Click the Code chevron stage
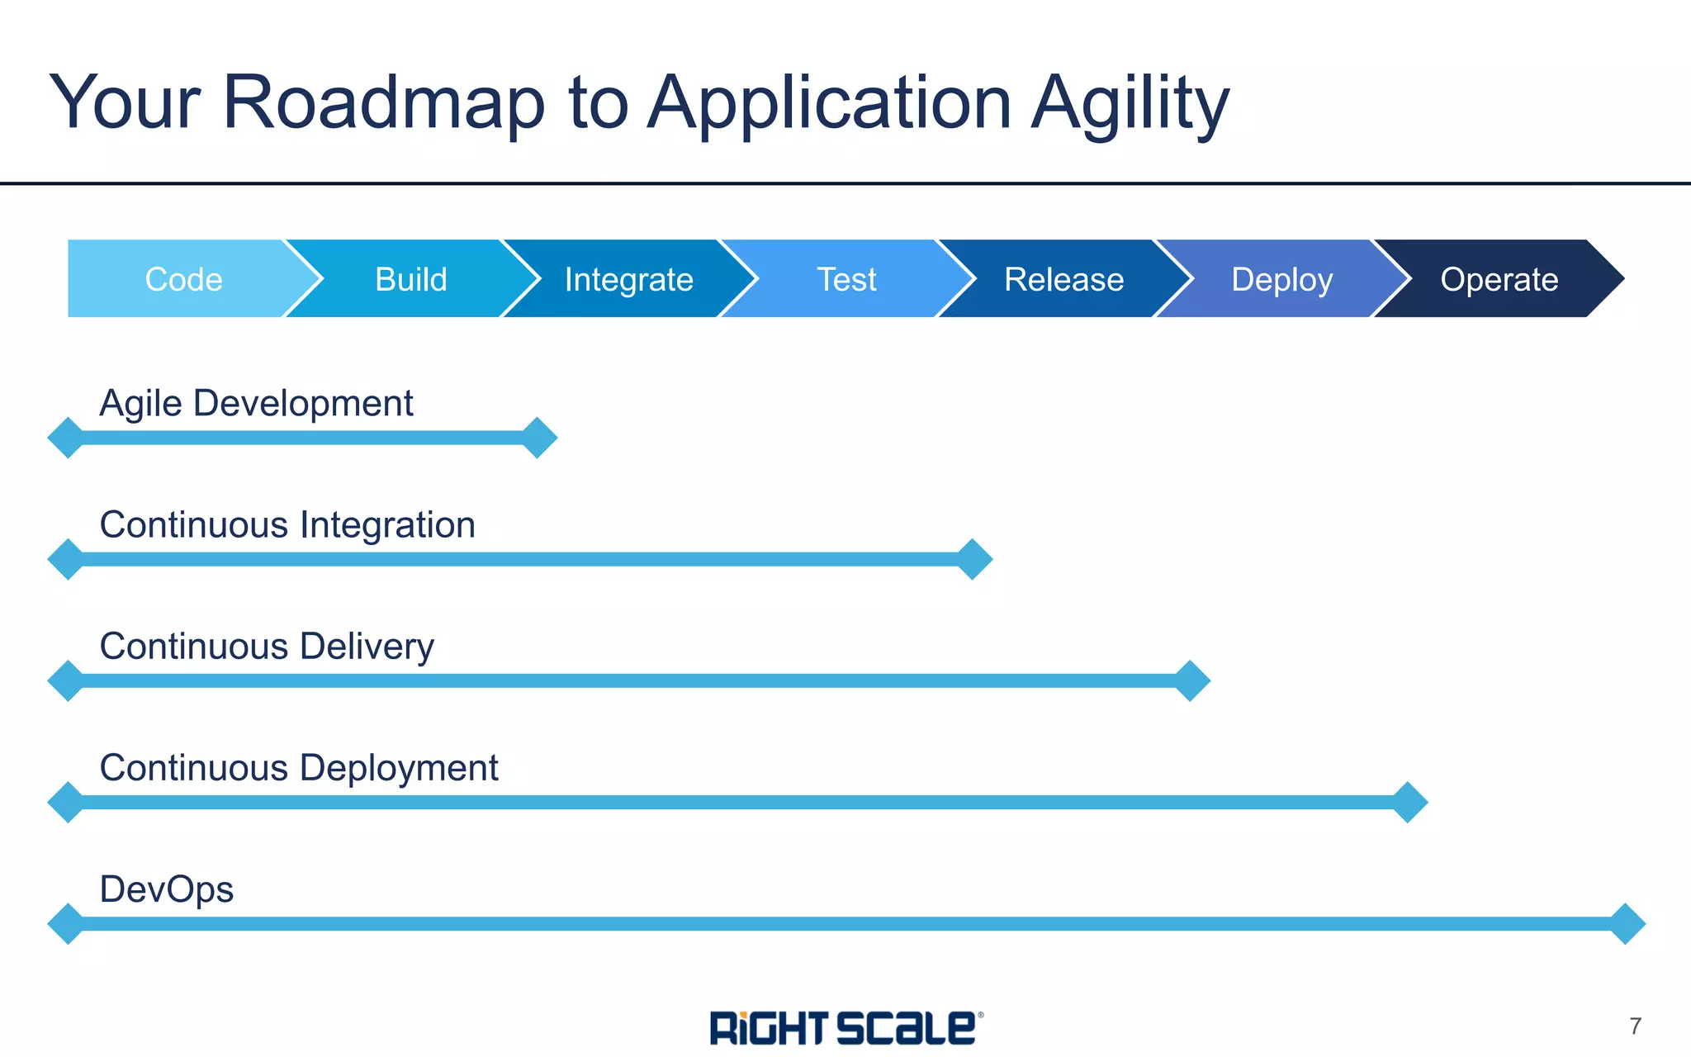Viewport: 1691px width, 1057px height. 183,279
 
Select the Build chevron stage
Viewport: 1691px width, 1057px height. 411,279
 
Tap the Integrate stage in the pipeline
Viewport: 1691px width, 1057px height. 628,279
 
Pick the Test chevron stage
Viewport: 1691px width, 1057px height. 846,279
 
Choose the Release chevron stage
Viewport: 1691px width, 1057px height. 1063,279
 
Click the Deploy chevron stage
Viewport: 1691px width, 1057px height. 1281,279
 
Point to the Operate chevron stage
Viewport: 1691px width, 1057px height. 1499,279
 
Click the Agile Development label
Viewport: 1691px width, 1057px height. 256,404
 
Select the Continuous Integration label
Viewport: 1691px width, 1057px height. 287,525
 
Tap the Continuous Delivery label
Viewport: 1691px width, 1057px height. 267,647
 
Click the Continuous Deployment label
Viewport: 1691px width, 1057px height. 299,768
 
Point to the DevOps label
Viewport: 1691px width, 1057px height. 167,889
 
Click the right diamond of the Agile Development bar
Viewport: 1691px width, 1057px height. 538,438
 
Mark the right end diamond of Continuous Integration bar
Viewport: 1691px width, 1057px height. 973,559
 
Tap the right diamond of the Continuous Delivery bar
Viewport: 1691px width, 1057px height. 1191,680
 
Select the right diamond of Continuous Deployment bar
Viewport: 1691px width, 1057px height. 1409,802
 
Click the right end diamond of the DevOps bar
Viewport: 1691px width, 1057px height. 1627,923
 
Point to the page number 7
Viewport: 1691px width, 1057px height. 1635,1026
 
